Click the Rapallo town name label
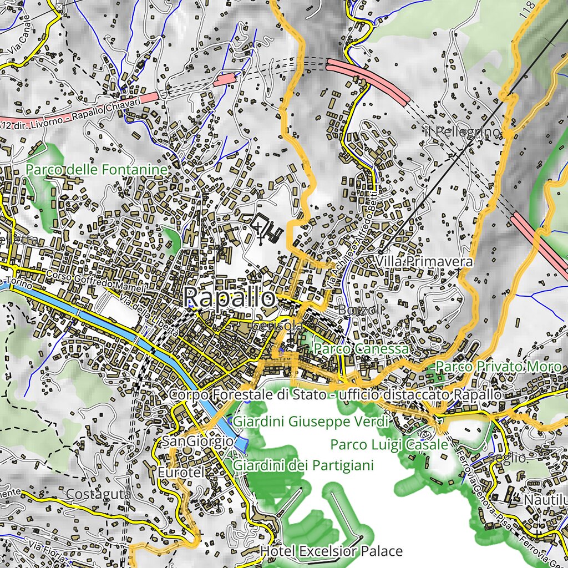(229, 298)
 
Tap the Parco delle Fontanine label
(97, 169)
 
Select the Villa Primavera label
(424, 261)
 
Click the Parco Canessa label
(361, 349)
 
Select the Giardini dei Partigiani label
(303, 465)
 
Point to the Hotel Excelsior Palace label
(331, 551)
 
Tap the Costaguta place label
(98, 494)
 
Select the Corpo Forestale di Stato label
(336, 394)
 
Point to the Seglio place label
(507, 458)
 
